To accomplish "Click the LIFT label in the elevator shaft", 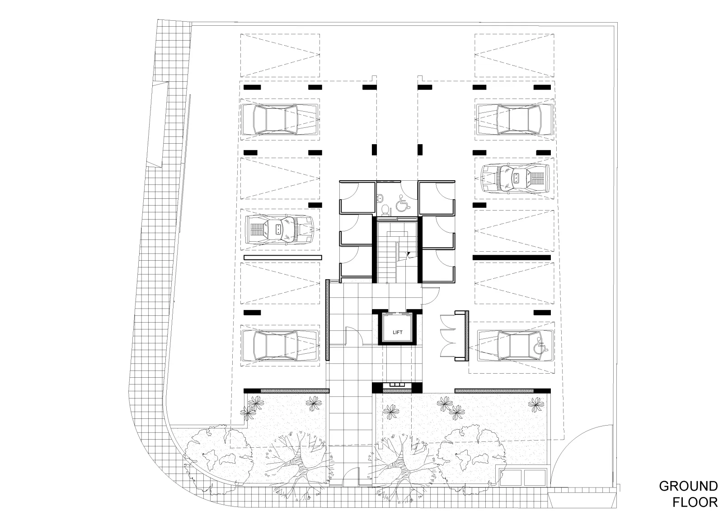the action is [x=398, y=332].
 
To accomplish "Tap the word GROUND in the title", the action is [x=688, y=486].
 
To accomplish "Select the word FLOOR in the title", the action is [x=695, y=502].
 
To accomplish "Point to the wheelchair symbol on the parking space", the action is [x=541, y=346].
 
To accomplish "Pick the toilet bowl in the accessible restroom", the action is [x=385, y=210].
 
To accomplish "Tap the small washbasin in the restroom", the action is [x=380, y=197].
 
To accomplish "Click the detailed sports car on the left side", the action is [x=280, y=230].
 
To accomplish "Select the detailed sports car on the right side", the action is [x=515, y=178].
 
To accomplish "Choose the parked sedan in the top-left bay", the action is [x=280, y=119].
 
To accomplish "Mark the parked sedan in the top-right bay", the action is [x=514, y=119].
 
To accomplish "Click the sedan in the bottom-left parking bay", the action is [x=280, y=345].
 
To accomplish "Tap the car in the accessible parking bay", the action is [x=516, y=345].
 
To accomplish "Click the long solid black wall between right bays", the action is [x=512, y=257].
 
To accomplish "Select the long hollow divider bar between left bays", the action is [x=283, y=257].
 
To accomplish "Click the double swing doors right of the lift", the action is [x=448, y=336].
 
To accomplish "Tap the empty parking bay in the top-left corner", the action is [x=280, y=55].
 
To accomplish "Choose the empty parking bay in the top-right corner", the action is [x=514, y=55].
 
